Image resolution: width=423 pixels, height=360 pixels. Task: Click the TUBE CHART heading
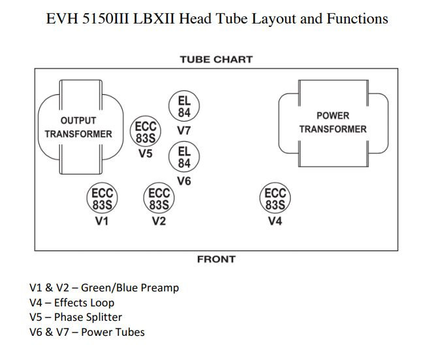coord(215,59)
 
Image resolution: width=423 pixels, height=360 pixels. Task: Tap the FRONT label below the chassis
coord(216,259)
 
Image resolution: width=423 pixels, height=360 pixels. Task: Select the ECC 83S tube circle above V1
coord(102,199)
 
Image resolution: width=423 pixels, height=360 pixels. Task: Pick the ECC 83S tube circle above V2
coord(159,199)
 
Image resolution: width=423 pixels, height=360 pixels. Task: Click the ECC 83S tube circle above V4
coord(275,199)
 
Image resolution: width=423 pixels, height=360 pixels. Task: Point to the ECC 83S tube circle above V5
coord(145,132)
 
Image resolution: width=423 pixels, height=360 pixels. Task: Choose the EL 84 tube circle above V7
coord(184,107)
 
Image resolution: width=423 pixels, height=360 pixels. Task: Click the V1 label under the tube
coord(102,221)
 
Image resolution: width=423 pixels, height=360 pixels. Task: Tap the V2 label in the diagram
coord(159,221)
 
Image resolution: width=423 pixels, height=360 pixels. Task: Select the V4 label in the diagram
coord(275,221)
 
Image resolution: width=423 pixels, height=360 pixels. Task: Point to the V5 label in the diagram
coord(145,154)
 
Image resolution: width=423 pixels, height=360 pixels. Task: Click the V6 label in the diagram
coord(184,181)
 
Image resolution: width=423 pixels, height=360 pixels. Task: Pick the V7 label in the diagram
coord(184,130)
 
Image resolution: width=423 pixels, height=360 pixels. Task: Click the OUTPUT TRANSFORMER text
coord(78,127)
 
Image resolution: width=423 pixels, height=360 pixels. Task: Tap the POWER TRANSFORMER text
coord(333,122)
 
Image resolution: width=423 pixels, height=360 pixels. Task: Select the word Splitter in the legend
coord(102,318)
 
